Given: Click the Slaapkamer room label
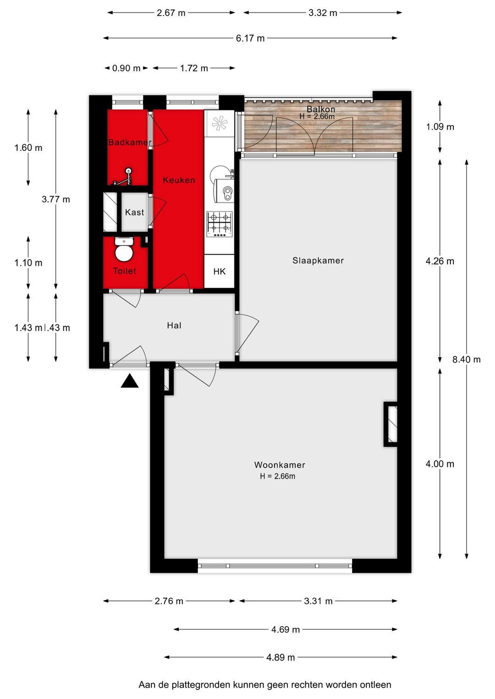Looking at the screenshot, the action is point(318,261).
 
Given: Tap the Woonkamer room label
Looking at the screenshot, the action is point(280,465).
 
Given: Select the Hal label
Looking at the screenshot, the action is point(174,326).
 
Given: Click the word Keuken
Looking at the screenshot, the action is point(179,180).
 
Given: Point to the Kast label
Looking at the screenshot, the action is point(134,213).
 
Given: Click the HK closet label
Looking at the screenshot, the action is point(219,272).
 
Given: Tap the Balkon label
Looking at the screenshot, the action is point(321,109).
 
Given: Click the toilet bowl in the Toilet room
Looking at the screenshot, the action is point(124,250).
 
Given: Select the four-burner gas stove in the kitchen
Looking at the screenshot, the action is point(220,224).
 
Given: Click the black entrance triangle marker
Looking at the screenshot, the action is point(130,381).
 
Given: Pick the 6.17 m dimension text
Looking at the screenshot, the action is point(250,38).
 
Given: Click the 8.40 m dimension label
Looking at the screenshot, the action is point(466,360).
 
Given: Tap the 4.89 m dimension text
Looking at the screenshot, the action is point(280,657).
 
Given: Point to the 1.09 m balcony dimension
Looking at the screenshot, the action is point(440,127).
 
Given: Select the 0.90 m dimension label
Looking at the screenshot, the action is point(126,68).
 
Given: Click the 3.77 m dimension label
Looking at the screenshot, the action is point(56,199).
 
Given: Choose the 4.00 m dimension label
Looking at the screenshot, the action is point(440,464).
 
